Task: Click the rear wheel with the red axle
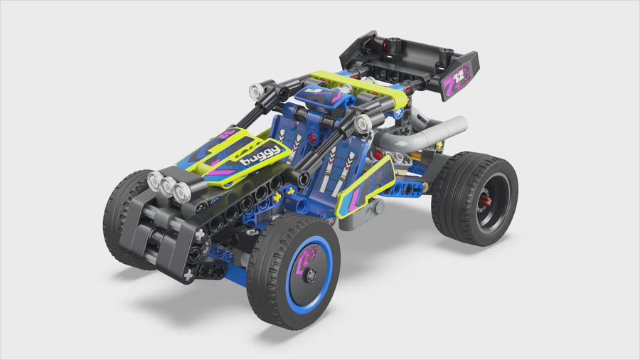point(474,198)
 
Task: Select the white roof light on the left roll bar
point(256,91)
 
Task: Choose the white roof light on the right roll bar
point(363,124)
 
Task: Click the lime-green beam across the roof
point(359,88)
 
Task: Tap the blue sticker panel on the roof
point(324,98)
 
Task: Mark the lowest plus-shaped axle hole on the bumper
point(188,274)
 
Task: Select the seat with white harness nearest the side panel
point(341,168)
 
